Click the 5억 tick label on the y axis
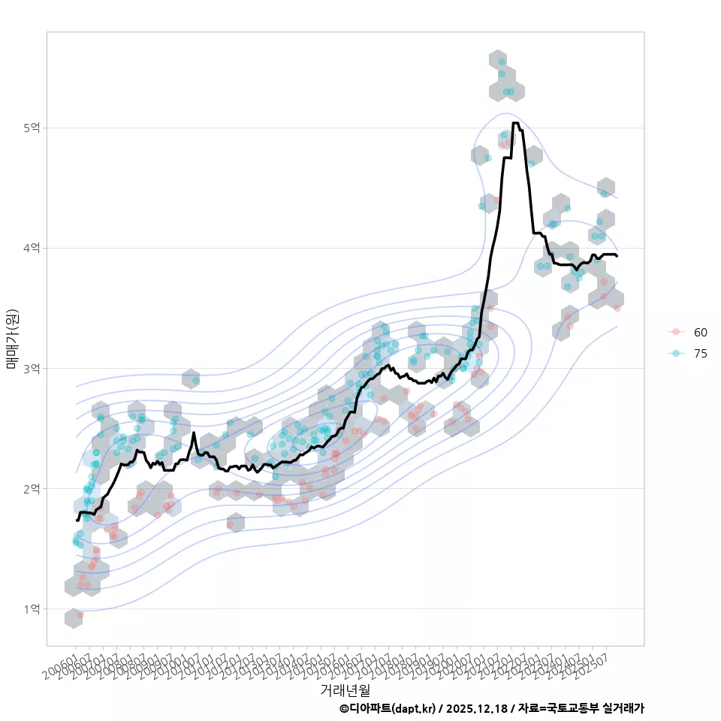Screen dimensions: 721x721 pos(32,128)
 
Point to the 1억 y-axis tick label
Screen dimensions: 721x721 pos(32,608)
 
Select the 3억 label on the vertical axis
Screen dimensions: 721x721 pos(32,368)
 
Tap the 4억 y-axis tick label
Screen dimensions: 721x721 pos(32,248)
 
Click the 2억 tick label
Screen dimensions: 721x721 pos(32,488)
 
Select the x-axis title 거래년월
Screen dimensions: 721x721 pos(345,689)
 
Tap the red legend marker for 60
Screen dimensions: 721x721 pos(676,332)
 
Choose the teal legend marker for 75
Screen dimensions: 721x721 pos(676,354)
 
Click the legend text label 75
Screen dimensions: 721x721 pos(701,354)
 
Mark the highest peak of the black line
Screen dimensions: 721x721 pos(514,122)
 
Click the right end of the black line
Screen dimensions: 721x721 pos(617,256)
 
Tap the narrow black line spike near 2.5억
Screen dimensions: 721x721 pos(194,433)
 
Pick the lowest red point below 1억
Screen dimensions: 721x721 pos(80,615)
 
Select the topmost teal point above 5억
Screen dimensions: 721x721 pos(501,61)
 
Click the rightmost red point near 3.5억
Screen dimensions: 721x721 pos(617,308)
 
